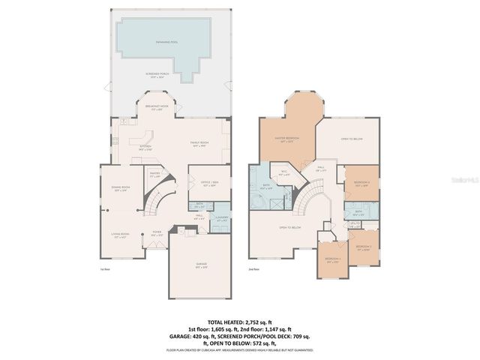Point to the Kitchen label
(x=146, y=149)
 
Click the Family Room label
(x=199, y=143)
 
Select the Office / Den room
(x=208, y=184)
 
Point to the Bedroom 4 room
(x=332, y=260)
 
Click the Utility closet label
(x=355, y=223)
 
